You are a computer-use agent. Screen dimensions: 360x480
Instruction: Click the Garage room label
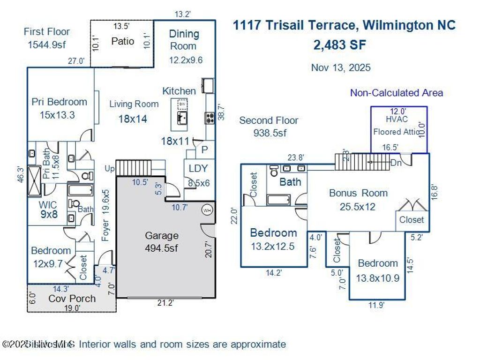tap(162, 236)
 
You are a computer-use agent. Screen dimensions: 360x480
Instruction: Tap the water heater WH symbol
tap(207, 210)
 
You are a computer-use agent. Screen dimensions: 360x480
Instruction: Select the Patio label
tap(123, 41)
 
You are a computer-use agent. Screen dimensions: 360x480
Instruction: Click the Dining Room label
tap(184, 40)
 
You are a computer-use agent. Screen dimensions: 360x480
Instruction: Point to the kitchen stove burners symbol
tap(209, 118)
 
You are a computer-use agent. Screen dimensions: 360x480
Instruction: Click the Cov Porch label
tap(72, 299)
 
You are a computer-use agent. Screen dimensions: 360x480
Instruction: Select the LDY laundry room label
tap(198, 169)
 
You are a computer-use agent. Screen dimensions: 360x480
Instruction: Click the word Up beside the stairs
tap(109, 168)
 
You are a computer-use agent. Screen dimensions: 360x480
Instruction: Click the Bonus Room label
tap(358, 193)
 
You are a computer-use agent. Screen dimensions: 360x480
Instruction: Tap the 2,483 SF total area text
tap(340, 45)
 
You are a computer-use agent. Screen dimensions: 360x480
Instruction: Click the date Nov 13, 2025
tap(341, 67)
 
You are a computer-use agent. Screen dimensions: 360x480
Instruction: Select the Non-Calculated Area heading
tap(396, 93)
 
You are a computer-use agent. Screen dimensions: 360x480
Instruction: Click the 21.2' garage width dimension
tap(165, 303)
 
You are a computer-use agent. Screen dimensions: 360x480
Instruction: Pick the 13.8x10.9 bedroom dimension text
tap(378, 278)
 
